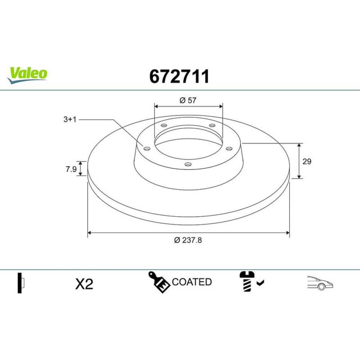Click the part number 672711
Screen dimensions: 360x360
179,76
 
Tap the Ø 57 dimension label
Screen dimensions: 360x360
188,100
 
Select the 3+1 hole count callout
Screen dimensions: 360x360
70,120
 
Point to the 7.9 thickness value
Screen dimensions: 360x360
71,169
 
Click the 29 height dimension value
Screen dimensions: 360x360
307,161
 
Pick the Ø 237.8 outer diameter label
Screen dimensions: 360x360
188,240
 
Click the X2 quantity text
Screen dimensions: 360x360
84,284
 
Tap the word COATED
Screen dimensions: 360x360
192,282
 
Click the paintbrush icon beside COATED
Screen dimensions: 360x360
159,282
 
